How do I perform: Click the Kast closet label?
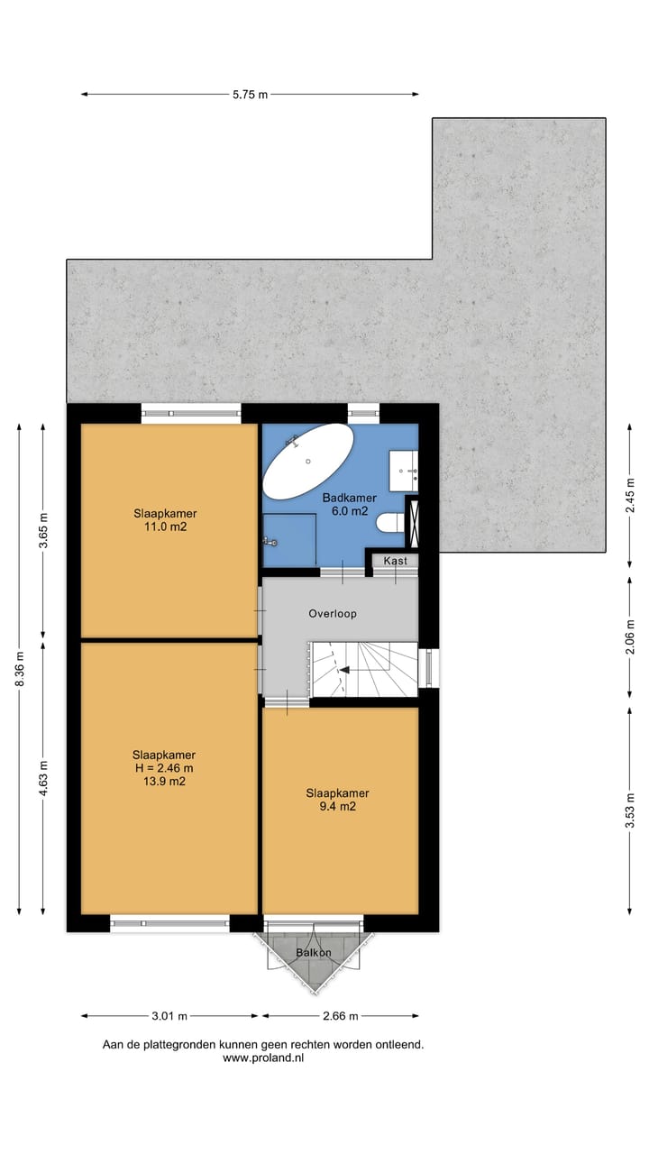point(395,561)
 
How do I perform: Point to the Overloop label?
point(333,613)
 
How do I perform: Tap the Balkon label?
point(314,953)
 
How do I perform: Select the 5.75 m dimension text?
point(250,94)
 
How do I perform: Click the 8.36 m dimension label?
point(19,669)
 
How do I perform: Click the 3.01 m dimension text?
point(169,1016)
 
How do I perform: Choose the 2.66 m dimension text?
point(340,1016)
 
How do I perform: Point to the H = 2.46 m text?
point(164,768)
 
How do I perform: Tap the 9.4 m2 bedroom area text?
point(336,807)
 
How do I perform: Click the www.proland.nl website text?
point(263,1058)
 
